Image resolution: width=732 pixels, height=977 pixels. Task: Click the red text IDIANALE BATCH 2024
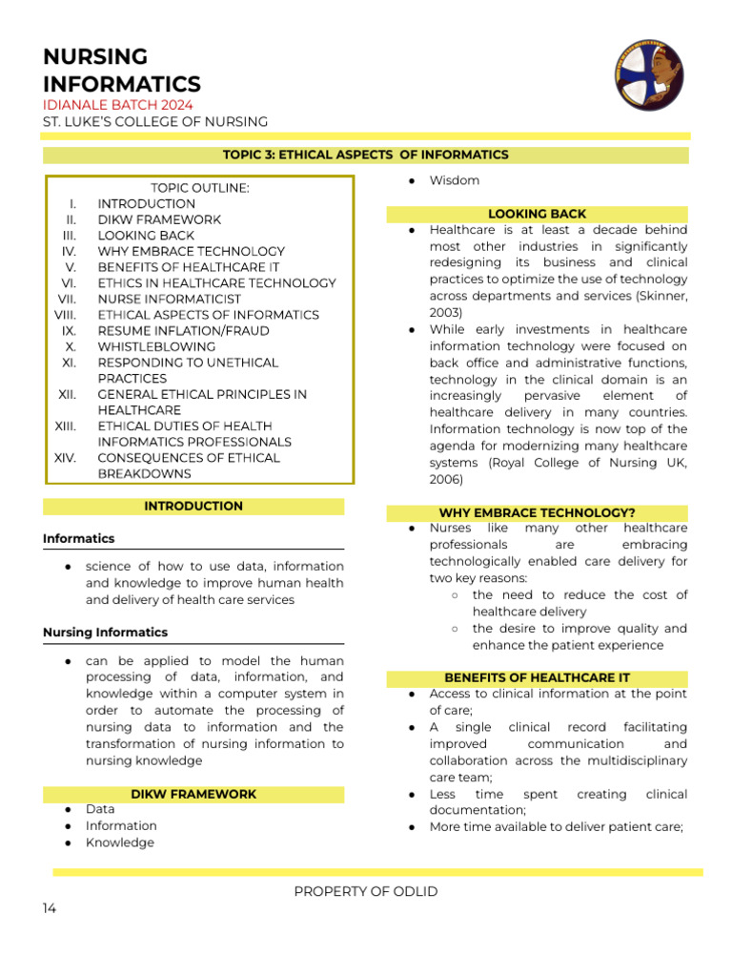click(x=117, y=104)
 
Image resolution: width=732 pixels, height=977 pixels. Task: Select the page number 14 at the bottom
click(x=50, y=908)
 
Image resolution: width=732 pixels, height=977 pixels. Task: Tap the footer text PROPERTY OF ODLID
click(x=366, y=891)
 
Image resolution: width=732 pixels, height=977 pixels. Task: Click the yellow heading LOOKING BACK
click(x=537, y=214)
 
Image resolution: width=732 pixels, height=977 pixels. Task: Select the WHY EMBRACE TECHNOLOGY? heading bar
click(x=537, y=512)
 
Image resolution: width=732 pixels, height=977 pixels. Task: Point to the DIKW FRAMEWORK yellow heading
click(x=193, y=794)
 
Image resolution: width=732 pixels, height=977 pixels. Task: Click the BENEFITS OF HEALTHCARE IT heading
click(x=537, y=677)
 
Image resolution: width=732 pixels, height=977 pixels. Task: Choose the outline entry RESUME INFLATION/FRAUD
click(x=183, y=330)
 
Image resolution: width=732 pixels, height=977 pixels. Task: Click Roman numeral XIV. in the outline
click(x=65, y=458)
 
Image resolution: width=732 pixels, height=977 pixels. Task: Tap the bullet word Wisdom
click(x=454, y=180)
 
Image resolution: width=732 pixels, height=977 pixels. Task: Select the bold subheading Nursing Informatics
click(x=105, y=632)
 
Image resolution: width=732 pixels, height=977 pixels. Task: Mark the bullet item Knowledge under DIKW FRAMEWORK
click(x=120, y=842)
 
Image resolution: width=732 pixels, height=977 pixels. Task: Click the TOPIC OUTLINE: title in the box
click(x=199, y=188)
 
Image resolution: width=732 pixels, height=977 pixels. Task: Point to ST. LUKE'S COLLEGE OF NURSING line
click(x=155, y=121)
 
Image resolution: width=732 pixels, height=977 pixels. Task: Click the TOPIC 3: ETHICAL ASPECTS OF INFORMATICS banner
click(x=366, y=155)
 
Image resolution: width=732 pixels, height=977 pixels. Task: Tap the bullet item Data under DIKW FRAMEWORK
click(x=100, y=809)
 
